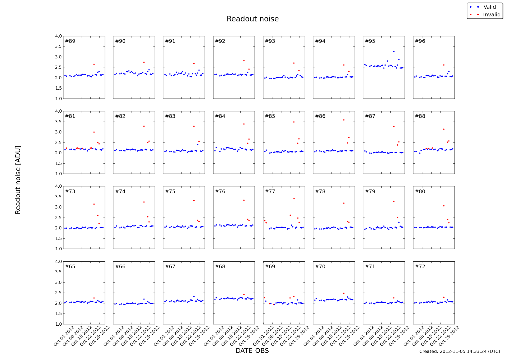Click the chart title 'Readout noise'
(x=253, y=19)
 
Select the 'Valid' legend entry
(x=489, y=7)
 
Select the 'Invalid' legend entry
(x=492, y=15)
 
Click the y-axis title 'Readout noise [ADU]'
(x=18, y=180)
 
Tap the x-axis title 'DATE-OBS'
(x=252, y=351)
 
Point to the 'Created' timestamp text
(x=460, y=351)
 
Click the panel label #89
(x=70, y=41)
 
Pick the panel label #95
(x=370, y=41)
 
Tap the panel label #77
(x=270, y=191)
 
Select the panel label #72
(x=420, y=267)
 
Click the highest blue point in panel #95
(x=394, y=52)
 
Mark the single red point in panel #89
(x=94, y=64)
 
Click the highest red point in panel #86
(x=344, y=120)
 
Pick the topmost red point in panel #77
(x=294, y=199)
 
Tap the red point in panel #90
(x=144, y=62)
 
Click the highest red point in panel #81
(x=94, y=132)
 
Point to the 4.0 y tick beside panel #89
(x=59, y=36)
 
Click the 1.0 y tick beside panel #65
(x=59, y=324)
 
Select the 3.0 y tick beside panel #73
(x=59, y=207)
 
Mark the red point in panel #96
(x=444, y=65)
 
